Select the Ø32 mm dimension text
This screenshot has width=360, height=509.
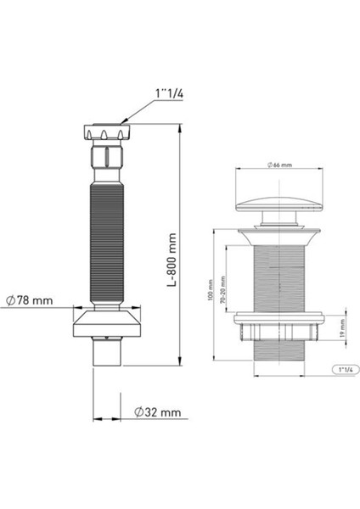(x=158, y=412)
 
